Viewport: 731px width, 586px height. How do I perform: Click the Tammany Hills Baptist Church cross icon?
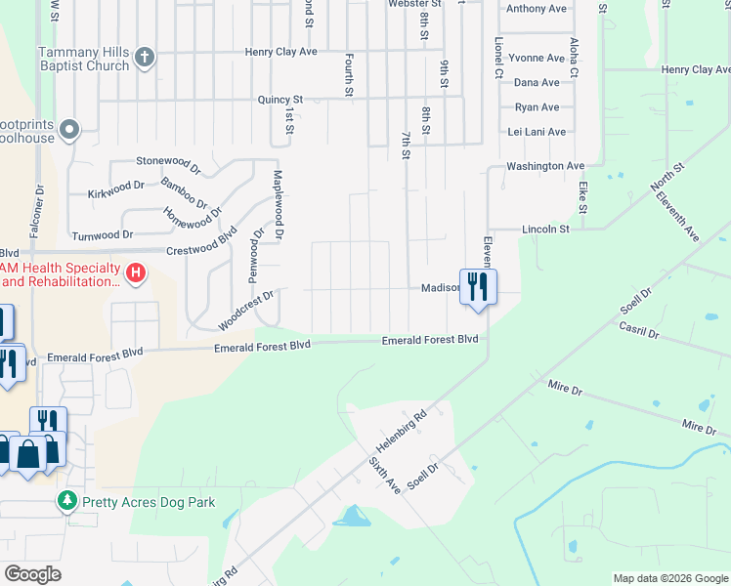tap(145, 56)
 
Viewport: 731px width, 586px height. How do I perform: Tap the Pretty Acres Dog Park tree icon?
tap(66, 502)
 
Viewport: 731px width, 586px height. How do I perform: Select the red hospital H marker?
tap(137, 273)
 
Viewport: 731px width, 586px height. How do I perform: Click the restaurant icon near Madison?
tap(478, 287)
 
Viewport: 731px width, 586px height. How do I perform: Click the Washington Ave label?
tap(545, 166)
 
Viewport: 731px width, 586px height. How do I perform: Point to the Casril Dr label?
tap(639, 333)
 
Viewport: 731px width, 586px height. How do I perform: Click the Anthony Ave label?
tap(537, 9)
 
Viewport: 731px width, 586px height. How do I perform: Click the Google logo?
tap(33, 573)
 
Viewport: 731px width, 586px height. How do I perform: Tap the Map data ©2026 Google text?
tap(669, 578)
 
